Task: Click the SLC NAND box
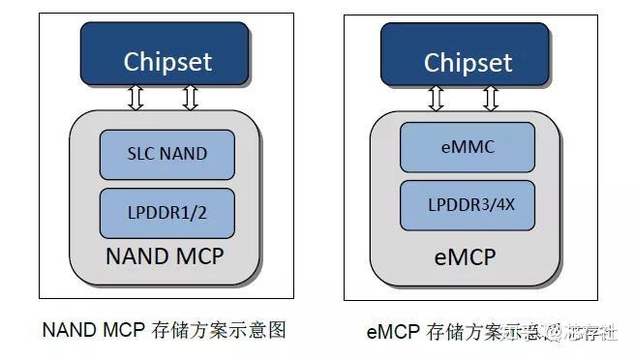pos(167,154)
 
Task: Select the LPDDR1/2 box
pos(167,213)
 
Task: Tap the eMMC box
pos(468,147)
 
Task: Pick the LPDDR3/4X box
pos(468,205)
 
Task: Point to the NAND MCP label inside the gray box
pos(167,256)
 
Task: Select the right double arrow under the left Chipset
pos(190,97)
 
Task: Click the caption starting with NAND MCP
pos(165,330)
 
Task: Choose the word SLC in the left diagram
pos(140,154)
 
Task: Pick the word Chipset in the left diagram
pos(167,61)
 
